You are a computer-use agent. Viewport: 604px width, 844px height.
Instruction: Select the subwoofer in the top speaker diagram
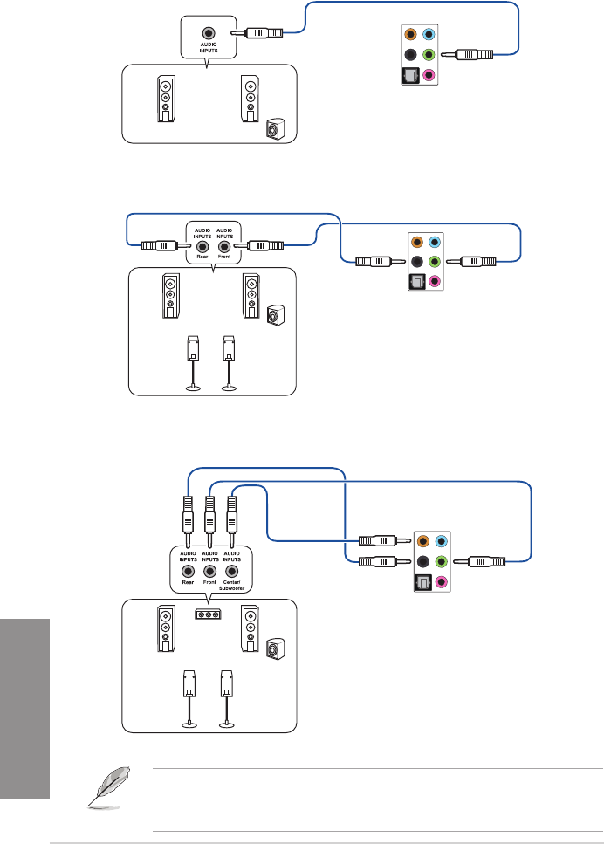coord(274,130)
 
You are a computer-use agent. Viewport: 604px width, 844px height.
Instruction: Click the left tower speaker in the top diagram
coord(166,99)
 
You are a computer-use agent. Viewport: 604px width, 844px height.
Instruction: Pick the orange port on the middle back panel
coord(420,242)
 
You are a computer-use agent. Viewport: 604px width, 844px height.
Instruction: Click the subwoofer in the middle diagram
coord(275,313)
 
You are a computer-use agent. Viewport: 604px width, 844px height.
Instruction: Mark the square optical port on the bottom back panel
coord(423,583)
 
